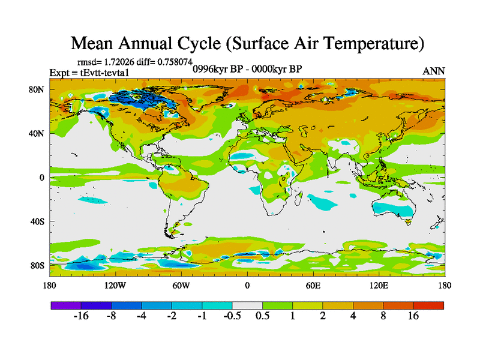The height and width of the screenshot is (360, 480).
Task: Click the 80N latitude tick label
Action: coord(38,89)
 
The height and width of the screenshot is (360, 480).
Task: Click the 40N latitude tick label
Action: coord(38,133)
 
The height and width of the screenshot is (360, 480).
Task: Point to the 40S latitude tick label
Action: coord(38,221)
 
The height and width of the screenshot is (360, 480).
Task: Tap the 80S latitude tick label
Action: coord(38,265)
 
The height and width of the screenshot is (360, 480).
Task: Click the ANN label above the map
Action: coord(434,71)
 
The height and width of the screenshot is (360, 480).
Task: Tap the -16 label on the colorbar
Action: coord(80,316)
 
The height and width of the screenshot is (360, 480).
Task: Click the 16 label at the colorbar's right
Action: coord(413,316)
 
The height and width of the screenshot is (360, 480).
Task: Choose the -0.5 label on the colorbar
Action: coord(232,316)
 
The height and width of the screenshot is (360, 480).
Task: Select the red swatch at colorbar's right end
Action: coord(428,305)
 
